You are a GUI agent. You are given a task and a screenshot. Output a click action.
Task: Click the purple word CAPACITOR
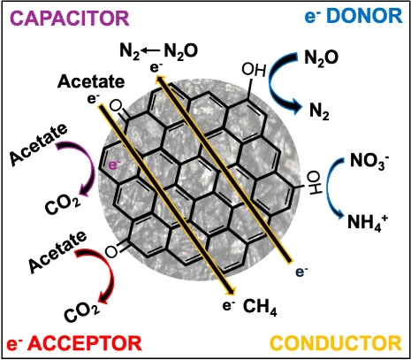coord(71,19)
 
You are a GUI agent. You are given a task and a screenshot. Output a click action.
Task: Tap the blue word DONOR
coord(364,16)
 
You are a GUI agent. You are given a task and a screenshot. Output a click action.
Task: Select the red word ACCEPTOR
coord(85,343)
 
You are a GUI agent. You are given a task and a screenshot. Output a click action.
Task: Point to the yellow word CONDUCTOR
coord(336,343)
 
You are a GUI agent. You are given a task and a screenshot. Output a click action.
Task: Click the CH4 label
coord(260,307)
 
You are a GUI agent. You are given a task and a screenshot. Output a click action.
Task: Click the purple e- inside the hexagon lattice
coord(115,165)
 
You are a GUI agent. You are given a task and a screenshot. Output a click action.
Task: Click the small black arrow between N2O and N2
coord(151,51)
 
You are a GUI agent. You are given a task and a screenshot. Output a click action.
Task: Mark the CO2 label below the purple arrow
coord(63,204)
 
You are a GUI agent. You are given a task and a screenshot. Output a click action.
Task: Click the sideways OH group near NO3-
coord(316,183)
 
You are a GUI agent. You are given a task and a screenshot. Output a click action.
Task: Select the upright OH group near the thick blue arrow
coord(254,71)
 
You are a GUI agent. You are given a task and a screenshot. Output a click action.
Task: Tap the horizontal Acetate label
coord(91,81)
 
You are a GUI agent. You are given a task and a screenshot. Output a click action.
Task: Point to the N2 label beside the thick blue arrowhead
coord(319,112)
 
